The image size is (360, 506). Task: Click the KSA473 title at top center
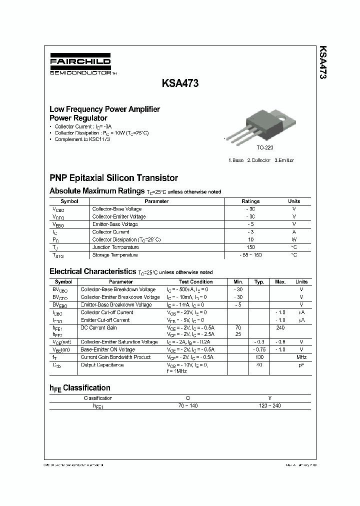(180, 84)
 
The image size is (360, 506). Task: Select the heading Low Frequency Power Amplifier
(104, 109)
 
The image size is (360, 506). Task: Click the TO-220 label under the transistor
(265, 148)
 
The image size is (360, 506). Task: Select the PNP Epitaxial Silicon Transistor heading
(113, 178)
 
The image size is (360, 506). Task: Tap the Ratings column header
(250, 201)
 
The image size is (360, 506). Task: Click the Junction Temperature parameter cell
(115, 247)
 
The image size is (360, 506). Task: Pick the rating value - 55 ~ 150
(250, 255)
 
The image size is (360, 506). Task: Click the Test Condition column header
(195, 282)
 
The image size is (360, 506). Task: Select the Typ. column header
(259, 282)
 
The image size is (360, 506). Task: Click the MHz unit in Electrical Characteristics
(301, 357)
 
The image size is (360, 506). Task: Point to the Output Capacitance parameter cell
(102, 365)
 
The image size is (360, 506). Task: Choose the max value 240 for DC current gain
(280, 327)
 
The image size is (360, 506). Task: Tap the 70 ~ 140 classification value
(187, 405)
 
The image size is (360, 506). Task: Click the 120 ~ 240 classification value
(270, 405)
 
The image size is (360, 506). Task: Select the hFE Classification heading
(80, 388)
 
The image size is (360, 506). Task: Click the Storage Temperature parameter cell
(115, 255)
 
